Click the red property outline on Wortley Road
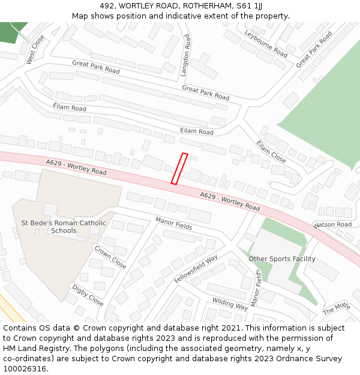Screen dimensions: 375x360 coord(179,169)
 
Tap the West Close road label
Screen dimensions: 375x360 coord(35,50)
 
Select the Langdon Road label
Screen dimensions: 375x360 coord(186,55)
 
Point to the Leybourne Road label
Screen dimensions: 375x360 coord(266,43)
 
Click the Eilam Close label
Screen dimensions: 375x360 coord(271,152)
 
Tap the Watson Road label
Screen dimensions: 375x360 coord(332,225)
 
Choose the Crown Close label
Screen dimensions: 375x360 coord(110,256)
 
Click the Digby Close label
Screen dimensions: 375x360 coord(88,294)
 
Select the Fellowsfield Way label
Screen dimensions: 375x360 coord(196,269)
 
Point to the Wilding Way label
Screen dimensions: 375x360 coord(230,304)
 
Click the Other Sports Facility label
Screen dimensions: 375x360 coord(282,259)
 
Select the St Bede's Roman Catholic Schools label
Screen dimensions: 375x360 coord(64,227)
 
